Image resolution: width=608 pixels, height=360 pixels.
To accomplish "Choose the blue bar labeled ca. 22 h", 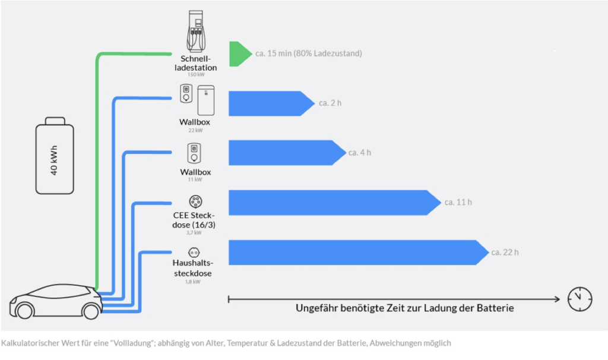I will tap(356, 252).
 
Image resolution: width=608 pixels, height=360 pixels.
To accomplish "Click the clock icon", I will tap(580, 299).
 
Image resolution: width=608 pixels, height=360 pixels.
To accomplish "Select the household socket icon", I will tap(193, 252).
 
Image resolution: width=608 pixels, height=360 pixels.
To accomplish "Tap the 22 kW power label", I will tap(195, 130).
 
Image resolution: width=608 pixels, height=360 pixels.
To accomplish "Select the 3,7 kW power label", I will tap(193, 233).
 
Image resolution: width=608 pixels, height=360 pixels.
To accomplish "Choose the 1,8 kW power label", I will tap(192, 282).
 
